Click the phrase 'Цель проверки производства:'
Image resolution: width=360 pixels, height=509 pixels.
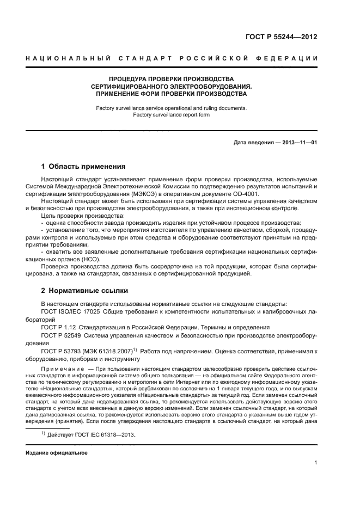click(x=75, y=216)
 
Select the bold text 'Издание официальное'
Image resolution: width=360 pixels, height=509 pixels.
click(x=57, y=453)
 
